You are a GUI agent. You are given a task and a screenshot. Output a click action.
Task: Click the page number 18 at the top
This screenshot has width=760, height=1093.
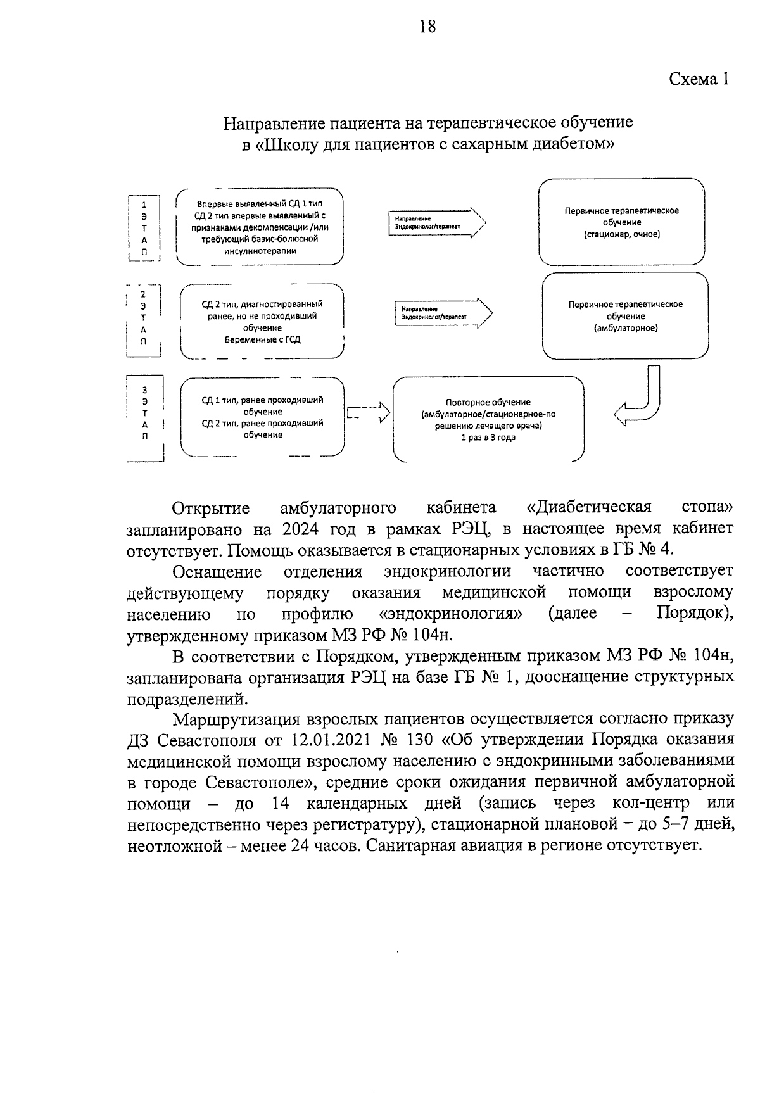[x=427, y=27]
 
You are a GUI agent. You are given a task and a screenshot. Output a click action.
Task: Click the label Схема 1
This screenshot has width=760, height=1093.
[x=699, y=79]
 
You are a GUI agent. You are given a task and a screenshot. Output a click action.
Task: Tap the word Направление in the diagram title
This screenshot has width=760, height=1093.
[x=268, y=122]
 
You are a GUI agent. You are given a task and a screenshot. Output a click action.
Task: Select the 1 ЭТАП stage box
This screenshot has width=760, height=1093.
[x=144, y=229]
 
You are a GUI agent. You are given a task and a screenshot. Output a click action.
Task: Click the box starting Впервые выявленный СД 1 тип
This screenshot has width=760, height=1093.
[x=260, y=227]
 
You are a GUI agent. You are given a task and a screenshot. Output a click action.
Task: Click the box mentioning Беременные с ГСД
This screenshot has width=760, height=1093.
[x=262, y=322]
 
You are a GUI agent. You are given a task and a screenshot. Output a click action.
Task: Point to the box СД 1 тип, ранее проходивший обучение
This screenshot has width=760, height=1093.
[x=262, y=417]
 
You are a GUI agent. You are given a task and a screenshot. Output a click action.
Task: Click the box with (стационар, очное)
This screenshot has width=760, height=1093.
[x=621, y=222]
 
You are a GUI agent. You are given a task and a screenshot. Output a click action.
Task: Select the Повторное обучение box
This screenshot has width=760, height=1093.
[x=488, y=419]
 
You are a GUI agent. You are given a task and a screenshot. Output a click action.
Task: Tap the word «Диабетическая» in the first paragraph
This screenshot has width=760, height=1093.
[x=589, y=508]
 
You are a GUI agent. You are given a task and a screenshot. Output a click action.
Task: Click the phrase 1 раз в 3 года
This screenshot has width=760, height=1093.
[x=488, y=438]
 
